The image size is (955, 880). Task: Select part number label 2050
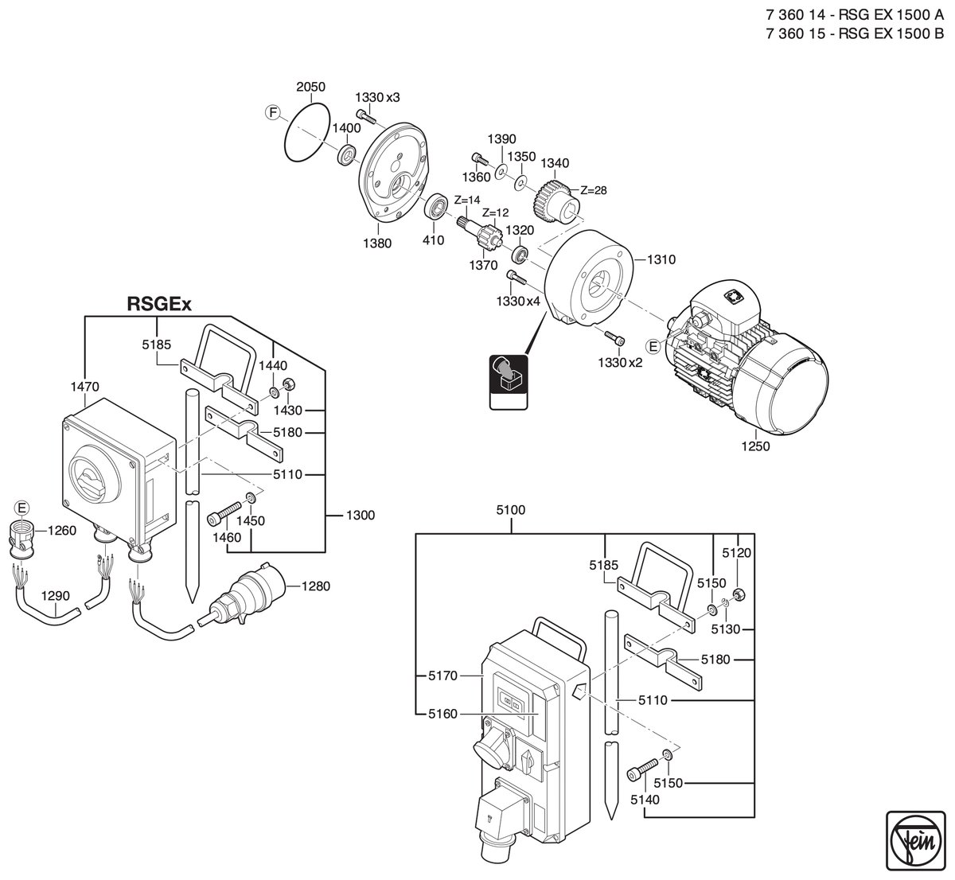(310, 87)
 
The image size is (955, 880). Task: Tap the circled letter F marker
(272, 113)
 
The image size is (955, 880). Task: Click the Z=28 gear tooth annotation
(593, 190)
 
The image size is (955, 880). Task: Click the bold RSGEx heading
(159, 304)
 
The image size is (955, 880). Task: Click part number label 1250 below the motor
(755, 446)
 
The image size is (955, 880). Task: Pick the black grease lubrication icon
(509, 382)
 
